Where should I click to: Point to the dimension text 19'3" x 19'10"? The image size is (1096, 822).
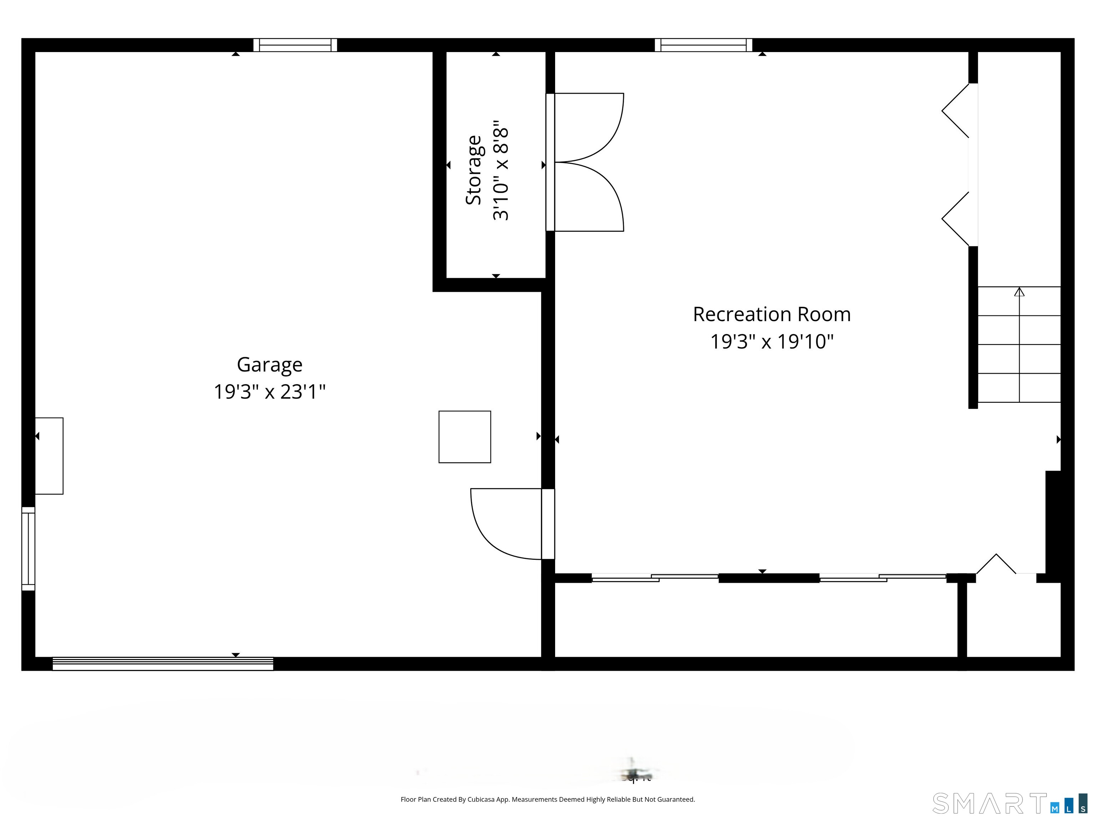point(771,342)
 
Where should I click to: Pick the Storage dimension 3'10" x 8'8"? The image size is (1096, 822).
point(501,170)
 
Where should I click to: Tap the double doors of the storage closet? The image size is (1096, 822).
point(585,162)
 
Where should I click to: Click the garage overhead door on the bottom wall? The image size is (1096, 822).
point(163,664)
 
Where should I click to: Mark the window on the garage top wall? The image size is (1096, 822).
point(295,45)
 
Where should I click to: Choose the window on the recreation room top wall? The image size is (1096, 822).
point(703,45)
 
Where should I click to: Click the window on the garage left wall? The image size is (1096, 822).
point(28,548)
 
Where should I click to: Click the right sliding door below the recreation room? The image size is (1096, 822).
point(882,577)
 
